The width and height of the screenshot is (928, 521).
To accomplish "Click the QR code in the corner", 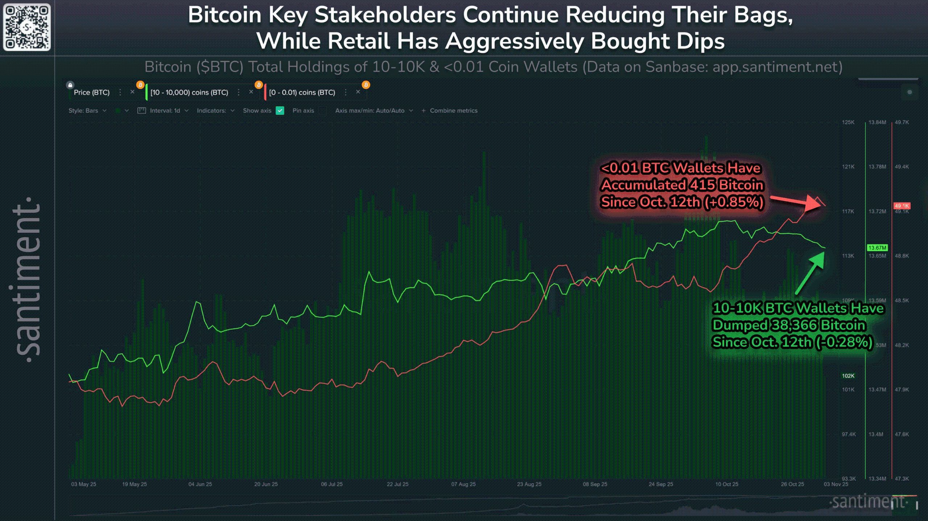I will [x=27, y=27].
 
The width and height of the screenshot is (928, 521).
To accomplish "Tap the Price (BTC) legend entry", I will [x=91, y=92].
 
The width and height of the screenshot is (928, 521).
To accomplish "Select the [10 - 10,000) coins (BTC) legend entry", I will [x=189, y=92].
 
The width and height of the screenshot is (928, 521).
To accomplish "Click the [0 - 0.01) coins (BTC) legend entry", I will [x=302, y=92].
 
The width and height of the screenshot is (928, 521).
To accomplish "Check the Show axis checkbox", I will [x=280, y=111].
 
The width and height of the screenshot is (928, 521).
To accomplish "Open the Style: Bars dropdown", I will [x=87, y=111].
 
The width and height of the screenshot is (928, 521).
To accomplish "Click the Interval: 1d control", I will [x=165, y=111].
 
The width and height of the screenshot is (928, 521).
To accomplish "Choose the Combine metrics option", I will [x=453, y=111].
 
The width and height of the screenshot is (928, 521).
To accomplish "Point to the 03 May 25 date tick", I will [x=83, y=484].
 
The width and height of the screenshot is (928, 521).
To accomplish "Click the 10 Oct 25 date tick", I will [x=726, y=484].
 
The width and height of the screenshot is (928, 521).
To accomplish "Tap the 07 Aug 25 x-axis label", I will [x=463, y=484].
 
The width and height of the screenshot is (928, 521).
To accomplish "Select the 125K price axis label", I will [x=848, y=122].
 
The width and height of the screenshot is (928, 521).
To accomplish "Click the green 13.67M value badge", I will [x=877, y=248].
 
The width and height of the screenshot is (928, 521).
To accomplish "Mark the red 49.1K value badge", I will [x=902, y=206].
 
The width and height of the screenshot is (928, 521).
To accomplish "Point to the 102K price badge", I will [x=848, y=376].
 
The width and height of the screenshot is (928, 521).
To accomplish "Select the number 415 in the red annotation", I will [x=703, y=185].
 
